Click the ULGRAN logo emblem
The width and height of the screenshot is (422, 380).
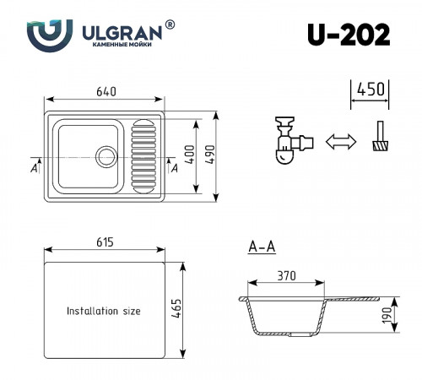tap(44, 35)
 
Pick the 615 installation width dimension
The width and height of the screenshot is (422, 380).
tap(105, 242)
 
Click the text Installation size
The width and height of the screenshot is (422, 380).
tap(103, 311)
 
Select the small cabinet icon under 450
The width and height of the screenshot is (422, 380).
tap(380, 138)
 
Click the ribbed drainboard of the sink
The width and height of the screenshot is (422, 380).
tap(143, 155)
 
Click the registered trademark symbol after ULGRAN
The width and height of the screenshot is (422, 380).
tap(170, 26)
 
